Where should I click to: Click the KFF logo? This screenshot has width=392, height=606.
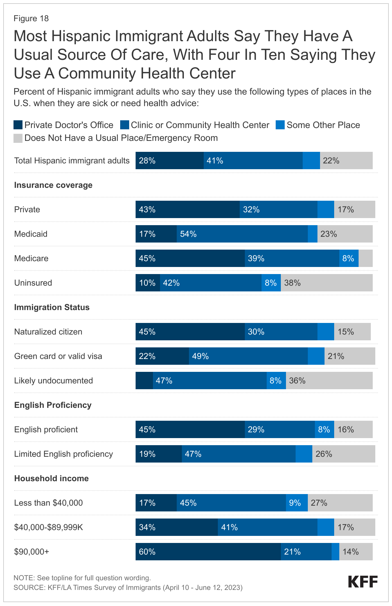(x=363, y=582)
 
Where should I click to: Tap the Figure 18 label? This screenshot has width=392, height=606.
(x=31, y=19)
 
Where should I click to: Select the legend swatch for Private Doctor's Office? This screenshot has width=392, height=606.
(x=18, y=125)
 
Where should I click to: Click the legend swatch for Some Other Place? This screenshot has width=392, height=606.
(x=280, y=125)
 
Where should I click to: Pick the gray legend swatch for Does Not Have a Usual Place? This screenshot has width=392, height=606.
(x=18, y=138)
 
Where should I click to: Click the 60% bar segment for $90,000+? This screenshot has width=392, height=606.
(x=208, y=552)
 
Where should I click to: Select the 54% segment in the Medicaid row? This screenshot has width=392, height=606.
(x=242, y=234)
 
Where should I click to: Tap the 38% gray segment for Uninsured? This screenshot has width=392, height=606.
(x=326, y=283)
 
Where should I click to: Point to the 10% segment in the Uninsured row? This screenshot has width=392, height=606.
(x=147, y=283)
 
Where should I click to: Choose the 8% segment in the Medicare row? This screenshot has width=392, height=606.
(x=349, y=258)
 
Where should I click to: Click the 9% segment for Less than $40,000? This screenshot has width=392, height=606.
(x=297, y=503)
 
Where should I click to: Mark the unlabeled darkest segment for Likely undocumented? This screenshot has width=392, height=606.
(x=144, y=381)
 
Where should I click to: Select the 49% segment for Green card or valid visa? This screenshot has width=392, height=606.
(x=248, y=356)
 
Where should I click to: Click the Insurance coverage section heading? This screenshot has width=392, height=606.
(x=53, y=185)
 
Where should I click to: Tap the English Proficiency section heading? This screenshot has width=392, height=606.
(x=53, y=405)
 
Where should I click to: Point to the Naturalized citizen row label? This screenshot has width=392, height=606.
(x=48, y=332)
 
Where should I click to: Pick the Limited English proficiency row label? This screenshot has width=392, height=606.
(x=64, y=454)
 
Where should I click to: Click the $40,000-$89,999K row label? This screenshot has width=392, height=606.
(x=49, y=527)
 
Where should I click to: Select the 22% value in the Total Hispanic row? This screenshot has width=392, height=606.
(x=331, y=161)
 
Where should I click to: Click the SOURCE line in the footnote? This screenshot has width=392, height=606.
(x=128, y=588)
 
